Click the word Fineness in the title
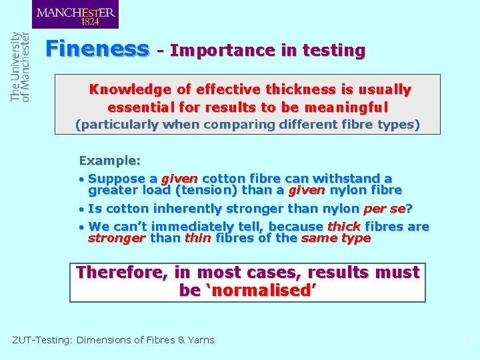tap(97, 49)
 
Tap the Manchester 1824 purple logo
tap(75, 15)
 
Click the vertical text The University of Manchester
tap(21, 67)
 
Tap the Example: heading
tap(110, 161)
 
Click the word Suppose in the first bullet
tap(117, 179)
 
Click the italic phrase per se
tap(384, 209)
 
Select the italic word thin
tap(198, 238)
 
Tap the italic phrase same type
tap(336, 238)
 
